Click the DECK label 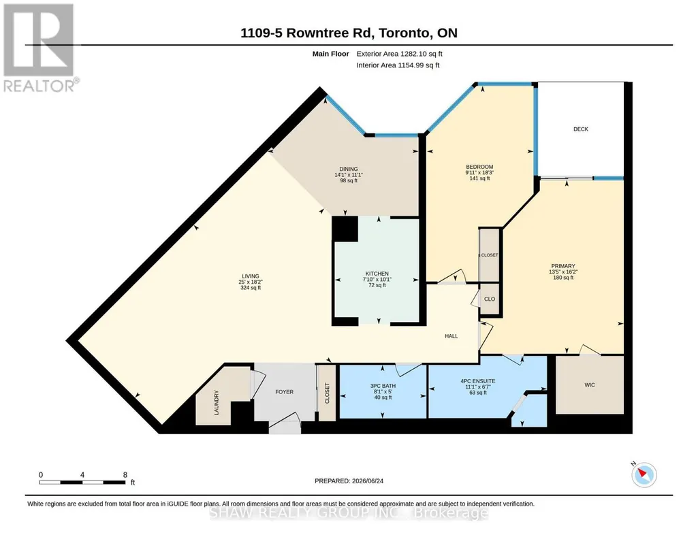click(x=580, y=129)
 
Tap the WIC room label click(x=589, y=385)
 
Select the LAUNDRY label click(x=217, y=402)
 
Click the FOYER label click(x=284, y=392)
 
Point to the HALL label click(x=451, y=336)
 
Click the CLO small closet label click(x=490, y=299)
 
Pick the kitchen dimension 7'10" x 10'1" click(x=377, y=279)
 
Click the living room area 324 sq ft click(x=251, y=288)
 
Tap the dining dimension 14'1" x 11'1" click(x=349, y=175)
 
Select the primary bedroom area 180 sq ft click(x=563, y=278)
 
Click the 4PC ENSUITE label click(x=478, y=381)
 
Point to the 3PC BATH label click(x=383, y=386)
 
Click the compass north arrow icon click(x=644, y=474)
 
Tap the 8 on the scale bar click(x=125, y=474)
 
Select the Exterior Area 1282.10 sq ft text click(x=399, y=54)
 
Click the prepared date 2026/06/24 click(x=368, y=480)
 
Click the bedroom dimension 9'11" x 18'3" click(x=479, y=173)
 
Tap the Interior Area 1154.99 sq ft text click(x=398, y=65)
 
